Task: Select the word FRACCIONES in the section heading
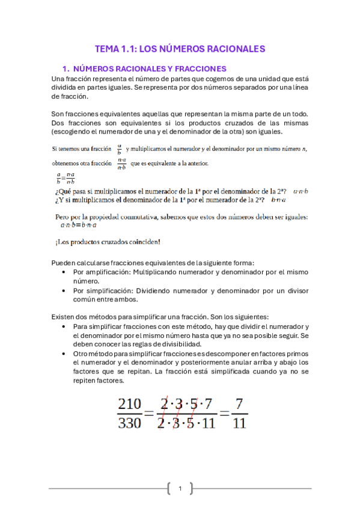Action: point(198,69)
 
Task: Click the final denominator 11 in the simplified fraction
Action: point(239,423)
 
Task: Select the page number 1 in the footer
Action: point(180,488)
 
